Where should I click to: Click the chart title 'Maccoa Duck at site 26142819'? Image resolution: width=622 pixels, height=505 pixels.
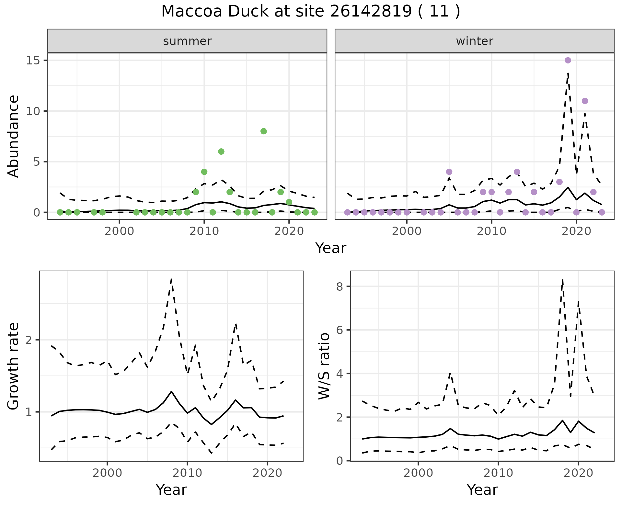pyautogui.click(x=310, y=12)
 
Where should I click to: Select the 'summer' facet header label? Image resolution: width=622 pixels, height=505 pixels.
pyautogui.click(x=187, y=41)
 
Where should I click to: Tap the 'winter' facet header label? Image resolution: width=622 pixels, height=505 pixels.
pyautogui.click(x=474, y=41)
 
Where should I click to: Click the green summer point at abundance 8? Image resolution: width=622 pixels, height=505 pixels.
pyautogui.click(x=263, y=131)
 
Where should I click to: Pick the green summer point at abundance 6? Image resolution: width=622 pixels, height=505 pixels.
pyautogui.click(x=221, y=151)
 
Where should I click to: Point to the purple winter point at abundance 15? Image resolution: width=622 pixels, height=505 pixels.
pyautogui.click(x=568, y=60)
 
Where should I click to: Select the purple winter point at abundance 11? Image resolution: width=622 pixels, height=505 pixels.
pyautogui.click(x=585, y=101)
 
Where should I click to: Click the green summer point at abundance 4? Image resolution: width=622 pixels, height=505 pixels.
pyautogui.click(x=204, y=172)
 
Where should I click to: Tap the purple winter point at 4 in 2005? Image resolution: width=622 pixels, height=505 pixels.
pyautogui.click(x=449, y=172)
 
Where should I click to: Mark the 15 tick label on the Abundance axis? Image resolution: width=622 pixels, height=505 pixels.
pyautogui.click(x=32, y=61)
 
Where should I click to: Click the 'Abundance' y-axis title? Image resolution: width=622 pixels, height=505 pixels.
pyautogui.click(x=14, y=136)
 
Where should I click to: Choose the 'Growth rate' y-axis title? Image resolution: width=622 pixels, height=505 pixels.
pyautogui.click(x=14, y=366)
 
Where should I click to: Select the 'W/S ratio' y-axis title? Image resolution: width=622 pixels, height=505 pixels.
pyautogui.click(x=324, y=366)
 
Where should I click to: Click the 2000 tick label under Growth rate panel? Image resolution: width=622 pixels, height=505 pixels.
pyautogui.click(x=107, y=473)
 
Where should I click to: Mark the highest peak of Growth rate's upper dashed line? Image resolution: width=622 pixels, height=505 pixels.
pyautogui.click(x=171, y=278)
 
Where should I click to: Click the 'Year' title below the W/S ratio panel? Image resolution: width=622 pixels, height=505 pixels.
pyautogui.click(x=482, y=490)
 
